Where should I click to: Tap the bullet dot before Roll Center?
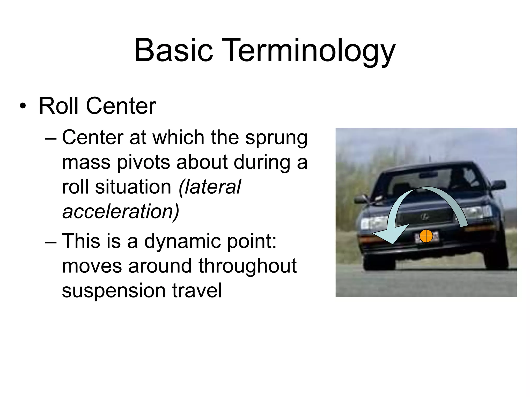[23, 106]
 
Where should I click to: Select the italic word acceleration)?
[121, 211]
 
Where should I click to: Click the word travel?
[197, 291]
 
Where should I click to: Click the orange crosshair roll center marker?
[426, 236]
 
